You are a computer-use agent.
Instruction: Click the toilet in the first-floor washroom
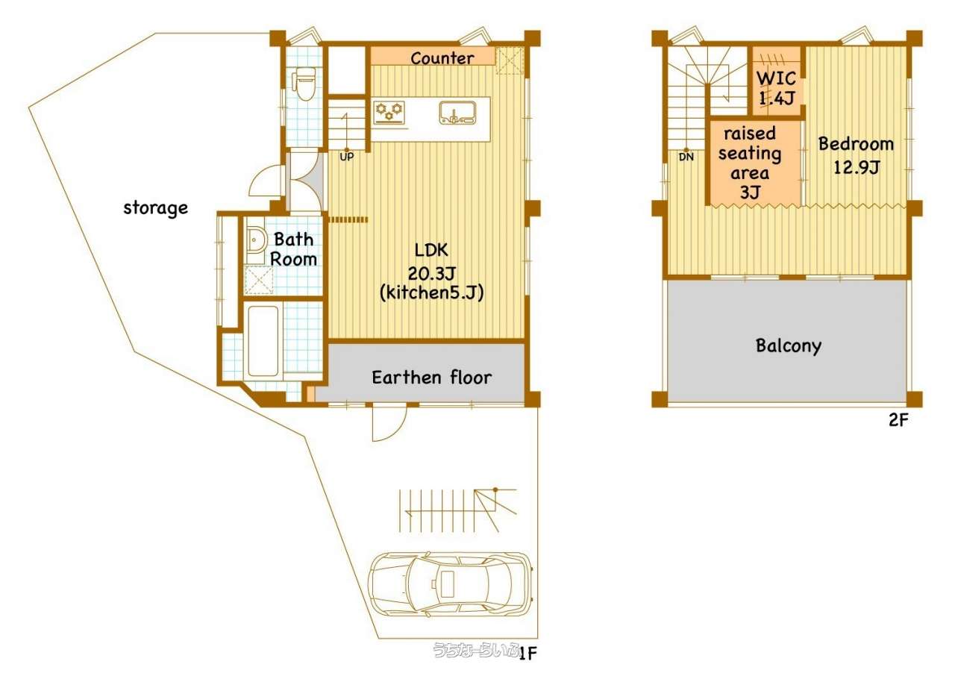304,84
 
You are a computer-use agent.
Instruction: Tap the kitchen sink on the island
457,113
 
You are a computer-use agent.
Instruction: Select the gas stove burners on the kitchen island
389,112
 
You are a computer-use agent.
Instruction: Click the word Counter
442,58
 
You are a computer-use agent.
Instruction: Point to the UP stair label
347,157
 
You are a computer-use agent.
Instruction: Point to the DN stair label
686,157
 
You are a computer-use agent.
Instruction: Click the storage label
156,208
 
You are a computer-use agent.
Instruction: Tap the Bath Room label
294,249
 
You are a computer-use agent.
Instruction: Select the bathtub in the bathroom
263,341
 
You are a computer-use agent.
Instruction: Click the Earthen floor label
431,378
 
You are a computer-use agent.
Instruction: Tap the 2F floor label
898,421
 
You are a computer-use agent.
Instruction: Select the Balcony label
789,345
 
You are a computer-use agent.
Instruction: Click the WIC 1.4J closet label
777,88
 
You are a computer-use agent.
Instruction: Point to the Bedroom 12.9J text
856,155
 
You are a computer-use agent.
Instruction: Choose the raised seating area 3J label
750,163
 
